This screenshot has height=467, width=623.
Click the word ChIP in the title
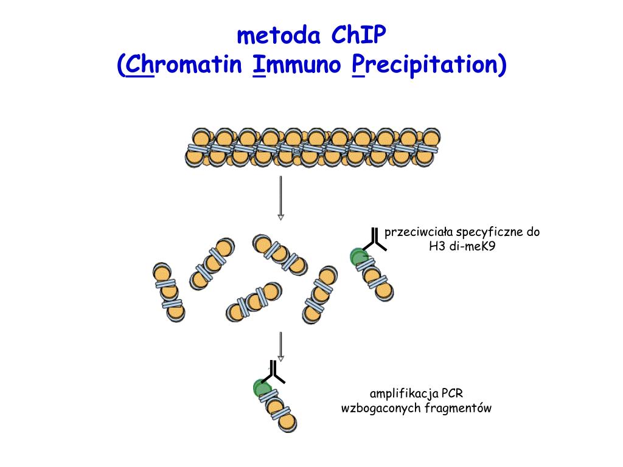point(358,36)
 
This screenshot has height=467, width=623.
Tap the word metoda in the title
point(279,36)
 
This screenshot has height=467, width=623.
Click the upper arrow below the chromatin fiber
point(280,198)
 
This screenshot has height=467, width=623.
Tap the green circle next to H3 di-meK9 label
point(358,257)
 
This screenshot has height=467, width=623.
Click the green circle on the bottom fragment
point(262,387)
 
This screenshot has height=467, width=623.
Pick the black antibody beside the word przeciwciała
point(375,239)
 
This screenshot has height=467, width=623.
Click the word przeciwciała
point(419,233)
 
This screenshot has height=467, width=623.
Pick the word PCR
point(453,393)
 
